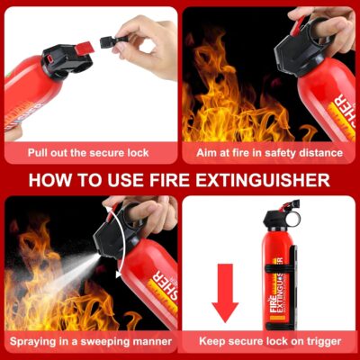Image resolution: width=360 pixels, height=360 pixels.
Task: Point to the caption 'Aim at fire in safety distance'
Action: click(269, 153)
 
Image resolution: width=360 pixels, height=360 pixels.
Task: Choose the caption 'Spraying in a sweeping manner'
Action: click(90, 342)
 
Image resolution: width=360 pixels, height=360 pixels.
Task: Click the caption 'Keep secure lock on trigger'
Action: click(269, 342)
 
